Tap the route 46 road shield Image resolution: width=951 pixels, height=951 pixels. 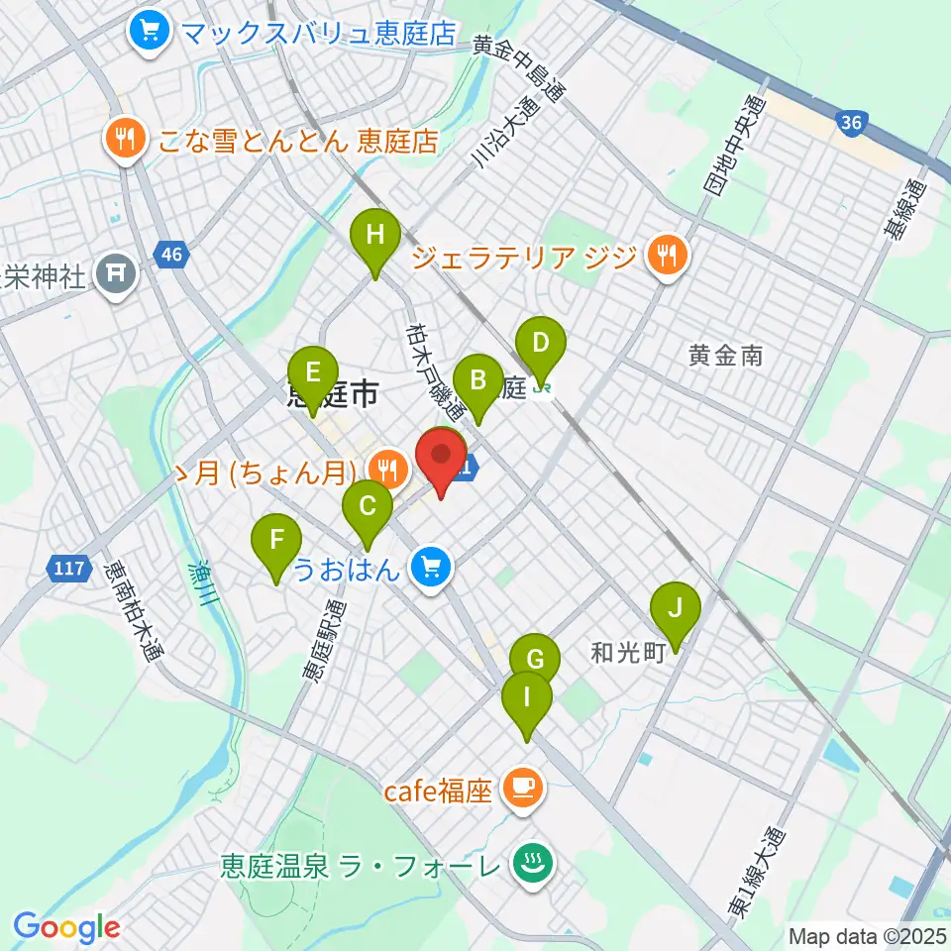pyautogui.click(x=171, y=257)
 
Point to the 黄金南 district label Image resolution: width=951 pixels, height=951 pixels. pyautogui.click(x=726, y=354)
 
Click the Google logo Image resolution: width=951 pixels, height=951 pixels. pyautogui.click(x=67, y=928)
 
